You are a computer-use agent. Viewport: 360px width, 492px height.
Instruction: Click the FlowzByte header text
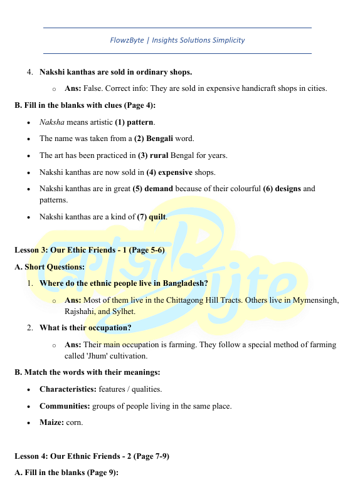click(x=177, y=40)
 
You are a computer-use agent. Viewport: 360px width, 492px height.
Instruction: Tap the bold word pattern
click(x=141, y=122)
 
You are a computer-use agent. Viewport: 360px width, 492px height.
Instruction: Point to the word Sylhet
click(x=122, y=311)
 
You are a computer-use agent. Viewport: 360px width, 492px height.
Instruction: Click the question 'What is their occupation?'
click(x=85, y=328)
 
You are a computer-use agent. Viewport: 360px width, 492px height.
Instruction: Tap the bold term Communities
click(x=65, y=406)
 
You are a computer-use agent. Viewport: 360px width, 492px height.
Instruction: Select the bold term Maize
click(x=51, y=422)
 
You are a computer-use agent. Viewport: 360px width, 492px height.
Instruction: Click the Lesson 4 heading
click(x=92, y=456)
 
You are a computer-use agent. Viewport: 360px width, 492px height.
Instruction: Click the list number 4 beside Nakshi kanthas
click(x=29, y=71)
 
